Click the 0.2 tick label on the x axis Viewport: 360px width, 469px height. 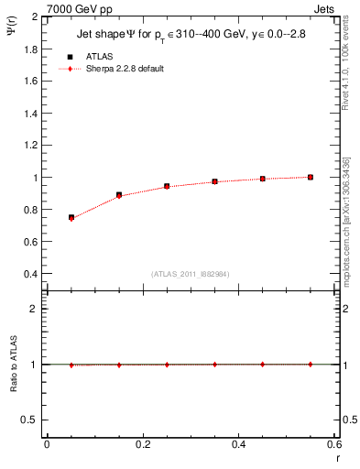click(142, 445)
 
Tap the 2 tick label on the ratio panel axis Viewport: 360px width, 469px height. click(35, 309)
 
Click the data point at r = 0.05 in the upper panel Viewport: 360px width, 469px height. click(71, 217)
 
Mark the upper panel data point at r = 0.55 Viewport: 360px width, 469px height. click(311, 177)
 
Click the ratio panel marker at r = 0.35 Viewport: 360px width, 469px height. click(214, 364)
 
